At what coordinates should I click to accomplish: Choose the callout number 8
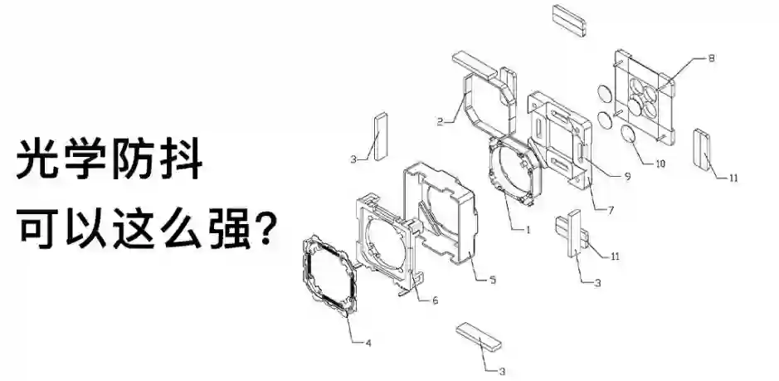tap(711, 58)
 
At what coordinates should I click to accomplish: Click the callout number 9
tap(628, 175)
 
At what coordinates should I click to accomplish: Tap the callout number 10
tap(660, 164)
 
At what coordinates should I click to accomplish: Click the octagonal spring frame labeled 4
tap(329, 275)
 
